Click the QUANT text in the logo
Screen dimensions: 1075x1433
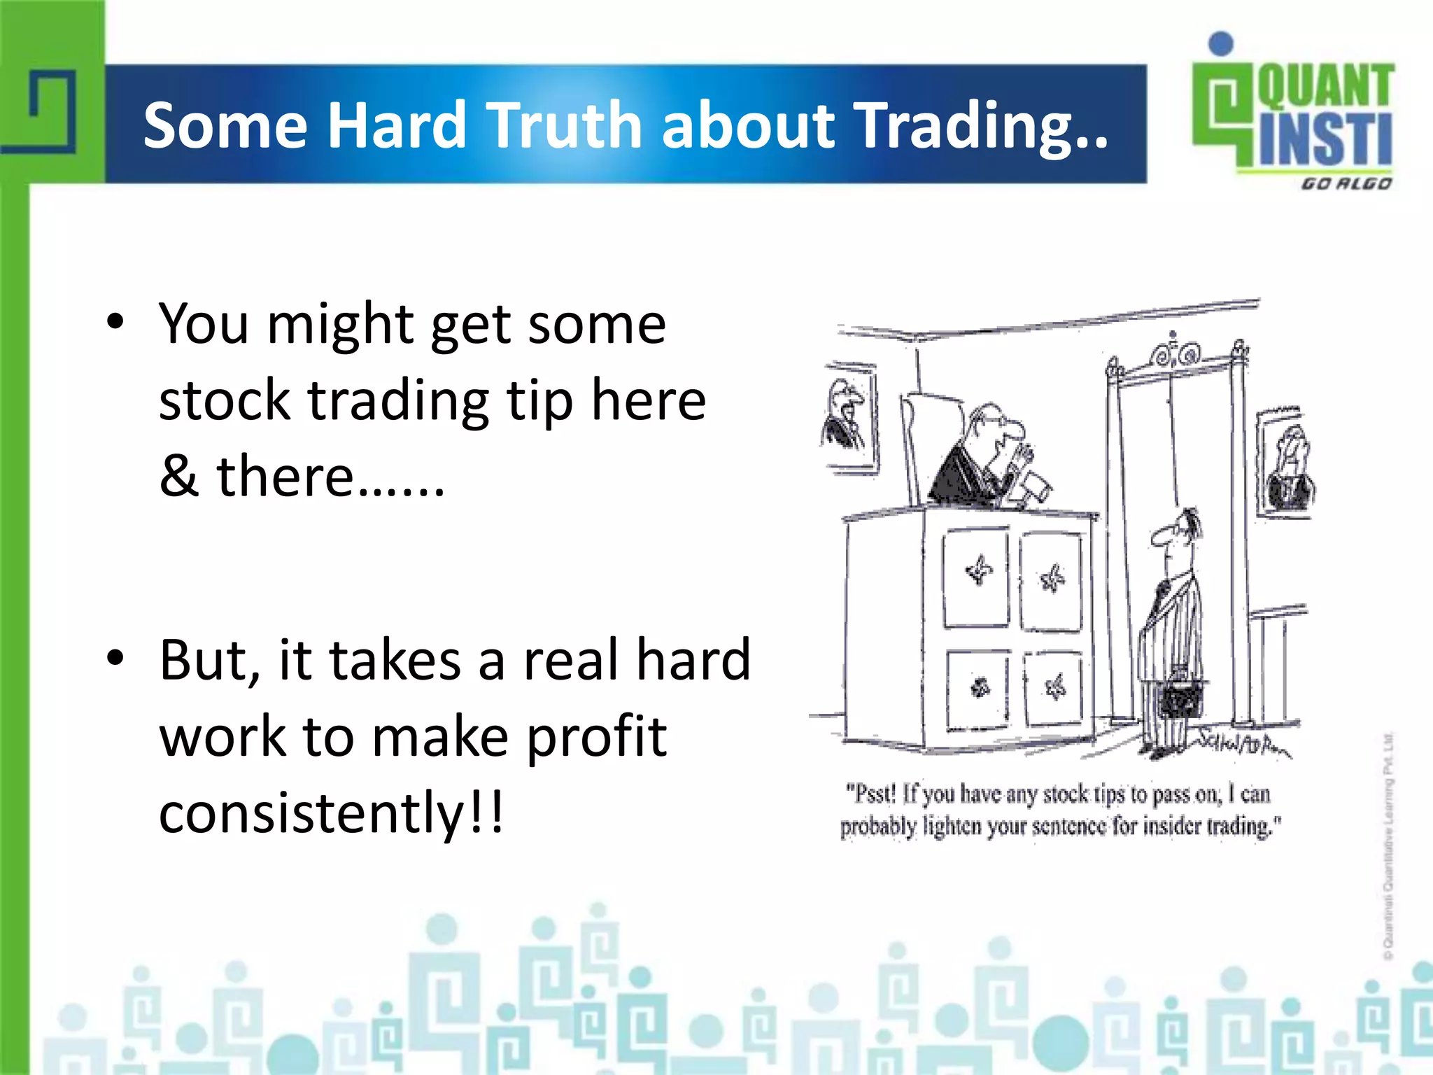pos(1325,85)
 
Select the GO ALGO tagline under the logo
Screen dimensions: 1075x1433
pos(1346,183)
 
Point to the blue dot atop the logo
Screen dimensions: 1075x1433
pos(1221,43)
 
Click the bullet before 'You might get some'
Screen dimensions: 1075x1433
pos(115,323)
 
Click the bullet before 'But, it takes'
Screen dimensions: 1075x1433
pos(115,658)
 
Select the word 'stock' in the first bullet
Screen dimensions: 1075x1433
pos(224,400)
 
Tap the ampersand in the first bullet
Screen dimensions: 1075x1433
pos(178,476)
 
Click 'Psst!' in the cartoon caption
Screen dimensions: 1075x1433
pos(870,794)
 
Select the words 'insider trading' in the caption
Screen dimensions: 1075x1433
pos(1207,827)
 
